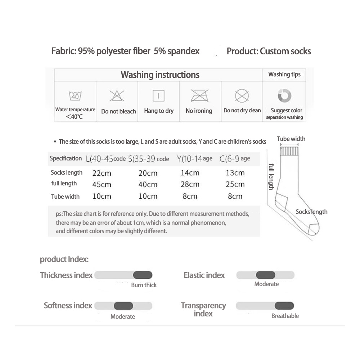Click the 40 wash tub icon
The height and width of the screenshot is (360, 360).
click(75, 96)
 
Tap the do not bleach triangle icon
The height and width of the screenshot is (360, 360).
click(117, 96)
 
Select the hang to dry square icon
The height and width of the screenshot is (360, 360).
click(158, 96)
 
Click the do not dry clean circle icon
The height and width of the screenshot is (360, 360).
click(242, 96)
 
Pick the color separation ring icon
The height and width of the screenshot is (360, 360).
click(284, 95)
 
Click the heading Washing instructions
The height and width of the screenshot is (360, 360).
click(160, 75)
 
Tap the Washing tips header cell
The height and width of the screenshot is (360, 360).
click(284, 75)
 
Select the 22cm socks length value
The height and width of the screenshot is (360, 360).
click(102, 173)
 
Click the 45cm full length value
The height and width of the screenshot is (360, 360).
click(102, 184)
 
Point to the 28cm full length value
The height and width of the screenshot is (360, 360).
click(190, 184)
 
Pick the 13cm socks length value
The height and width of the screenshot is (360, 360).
click(235, 173)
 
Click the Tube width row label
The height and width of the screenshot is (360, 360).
click(65, 197)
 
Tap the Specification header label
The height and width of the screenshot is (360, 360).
click(66, 158)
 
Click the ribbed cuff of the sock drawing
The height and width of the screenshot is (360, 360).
click(289, 150)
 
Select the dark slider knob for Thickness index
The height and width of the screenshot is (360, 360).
click(143, 275)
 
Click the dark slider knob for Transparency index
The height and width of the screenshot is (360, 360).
click(284, 306)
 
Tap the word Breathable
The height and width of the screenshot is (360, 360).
click(285, 316)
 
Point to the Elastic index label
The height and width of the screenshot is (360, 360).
click(204, 275)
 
